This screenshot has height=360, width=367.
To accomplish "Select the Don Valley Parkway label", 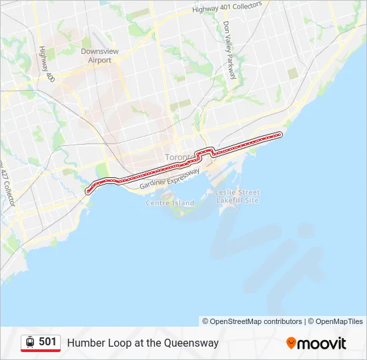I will tap(230, 49).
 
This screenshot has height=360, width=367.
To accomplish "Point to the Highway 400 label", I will tap(46, 64).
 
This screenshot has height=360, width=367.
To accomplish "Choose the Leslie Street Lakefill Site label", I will tap(237, 196).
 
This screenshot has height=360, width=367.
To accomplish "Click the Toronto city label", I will tap(177, 157).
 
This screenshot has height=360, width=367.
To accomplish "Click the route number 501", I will tap(47, 342).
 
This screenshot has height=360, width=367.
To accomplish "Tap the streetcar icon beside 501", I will tap(30, 342).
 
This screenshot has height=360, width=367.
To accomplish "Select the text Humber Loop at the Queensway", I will tap(143, 343).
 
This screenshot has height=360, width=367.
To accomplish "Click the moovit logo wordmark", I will tap(322, 343).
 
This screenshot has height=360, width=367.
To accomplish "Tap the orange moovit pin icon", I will tap(291, 343).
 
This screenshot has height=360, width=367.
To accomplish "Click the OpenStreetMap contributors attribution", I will tap(252, 321).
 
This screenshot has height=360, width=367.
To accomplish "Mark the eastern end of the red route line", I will tap(280, 135).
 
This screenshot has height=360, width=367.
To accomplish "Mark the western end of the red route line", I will tap(87, 191).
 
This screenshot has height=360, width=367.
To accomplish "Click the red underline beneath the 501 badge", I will tap(41, 351).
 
